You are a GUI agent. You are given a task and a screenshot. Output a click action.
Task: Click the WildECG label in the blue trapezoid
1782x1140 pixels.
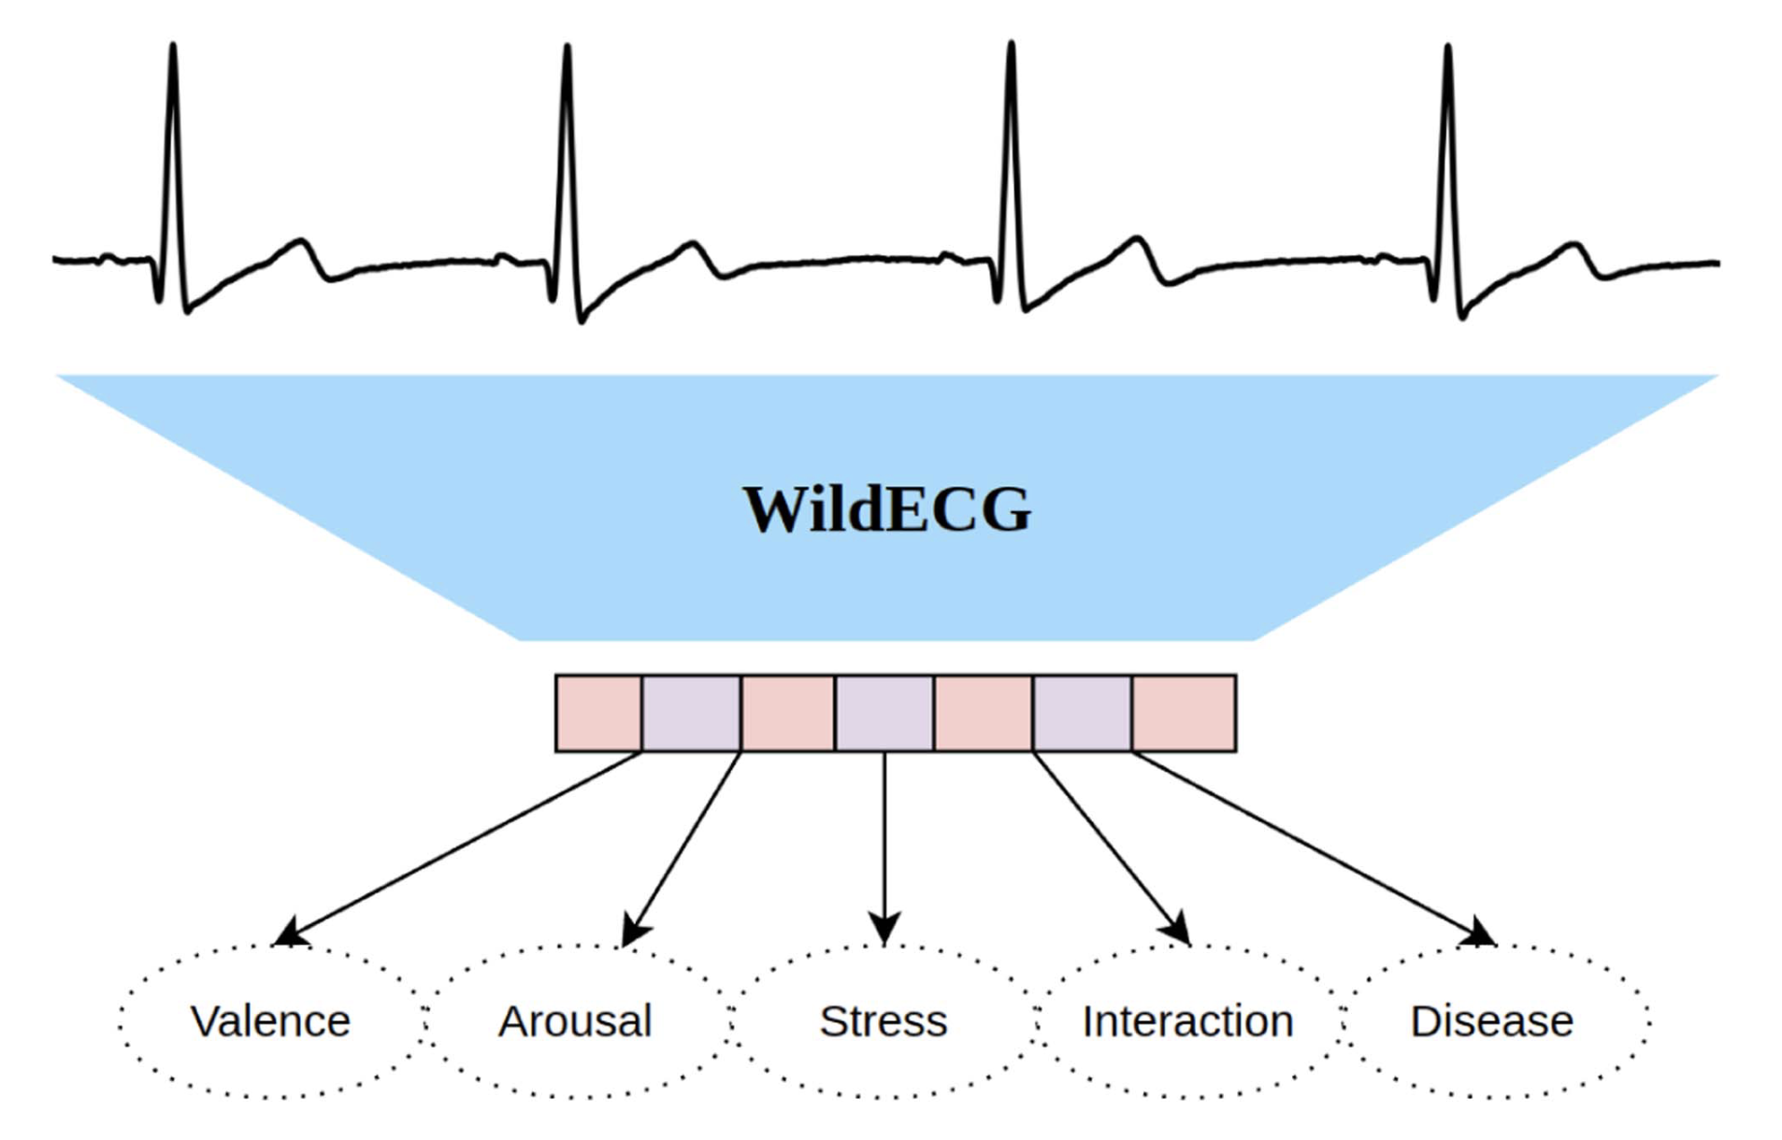pos(886,509)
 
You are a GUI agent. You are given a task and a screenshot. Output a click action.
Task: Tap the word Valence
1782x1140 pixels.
pos(270,1020)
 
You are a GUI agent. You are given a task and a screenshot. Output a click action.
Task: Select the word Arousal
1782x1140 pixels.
pos(575,1020)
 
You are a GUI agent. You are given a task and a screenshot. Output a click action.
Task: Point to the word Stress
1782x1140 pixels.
pos(884,1020)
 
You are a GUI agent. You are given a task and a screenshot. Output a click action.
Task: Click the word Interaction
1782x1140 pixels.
pos(1187,1020)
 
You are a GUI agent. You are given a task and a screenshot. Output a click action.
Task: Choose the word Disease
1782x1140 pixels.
pos(1491,1020)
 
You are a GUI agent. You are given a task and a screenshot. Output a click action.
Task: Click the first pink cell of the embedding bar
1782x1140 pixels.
pos(598,713)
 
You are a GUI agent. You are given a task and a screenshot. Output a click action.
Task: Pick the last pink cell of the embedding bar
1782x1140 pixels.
pos(1184,713)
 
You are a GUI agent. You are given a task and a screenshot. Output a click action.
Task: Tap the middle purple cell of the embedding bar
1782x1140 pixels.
pos(884,713)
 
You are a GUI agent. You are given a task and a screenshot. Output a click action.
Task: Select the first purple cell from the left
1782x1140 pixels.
pos(692,713)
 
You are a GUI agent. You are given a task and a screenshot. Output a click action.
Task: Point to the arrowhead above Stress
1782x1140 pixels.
pos(884,931)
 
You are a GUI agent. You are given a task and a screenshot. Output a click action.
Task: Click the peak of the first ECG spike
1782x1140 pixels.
pos(173,47)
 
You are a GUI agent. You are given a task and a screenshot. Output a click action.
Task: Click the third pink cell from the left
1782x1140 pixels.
pos(984,713)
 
